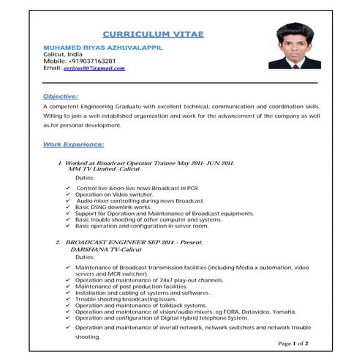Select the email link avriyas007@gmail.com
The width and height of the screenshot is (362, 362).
click(94, 68)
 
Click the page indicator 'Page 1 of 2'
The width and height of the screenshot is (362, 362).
click(293, 343)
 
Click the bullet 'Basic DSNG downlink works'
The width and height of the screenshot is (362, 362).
click(113, 207)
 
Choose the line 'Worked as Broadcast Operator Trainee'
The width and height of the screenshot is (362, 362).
click(150, 162)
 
